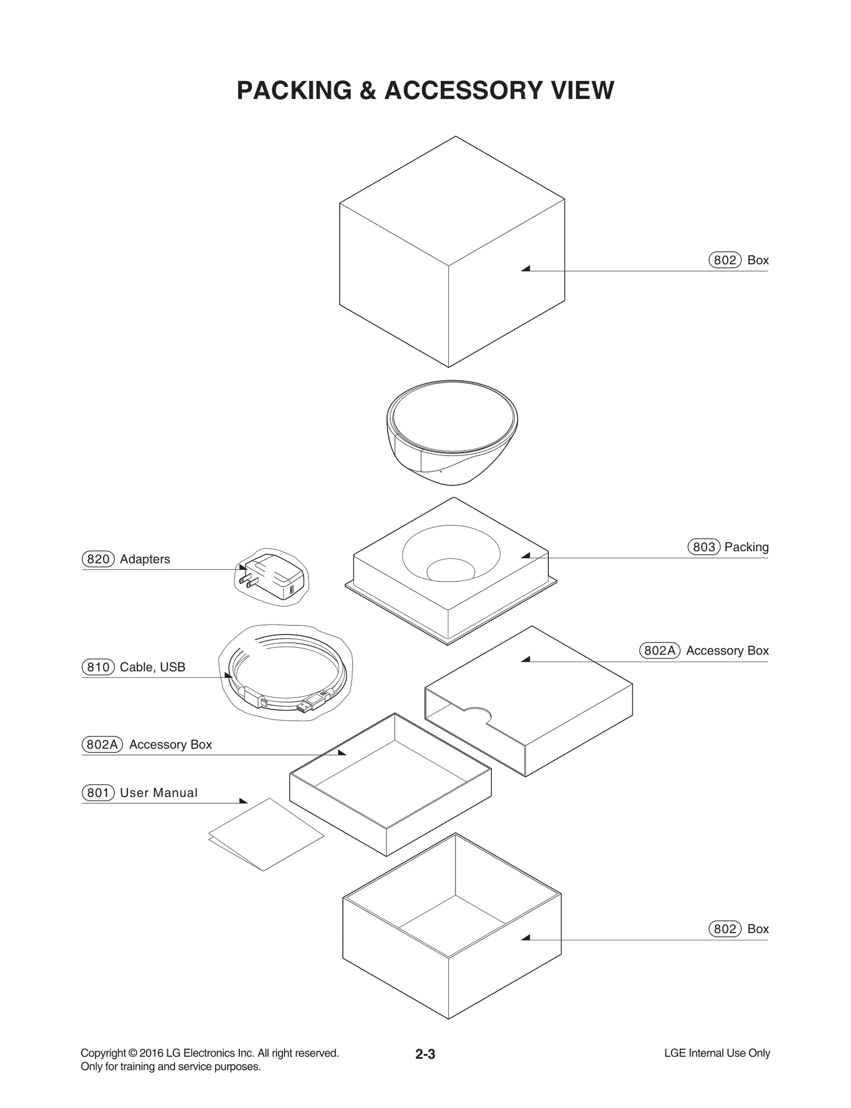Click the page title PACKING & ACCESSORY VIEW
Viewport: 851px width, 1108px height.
tap(425, 90)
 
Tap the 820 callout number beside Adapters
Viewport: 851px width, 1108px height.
tap(98, 559)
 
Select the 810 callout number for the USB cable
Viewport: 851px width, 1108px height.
tap(98, 667)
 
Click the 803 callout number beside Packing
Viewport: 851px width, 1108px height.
tap(704, 547)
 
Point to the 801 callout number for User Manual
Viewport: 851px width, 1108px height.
tap(98, 793)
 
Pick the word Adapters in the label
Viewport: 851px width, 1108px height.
tap(145, 559)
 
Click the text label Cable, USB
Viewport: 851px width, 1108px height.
tap(152, 667)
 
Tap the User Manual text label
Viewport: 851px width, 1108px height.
tap(158, 793)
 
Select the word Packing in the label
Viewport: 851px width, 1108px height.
tap(746, 547)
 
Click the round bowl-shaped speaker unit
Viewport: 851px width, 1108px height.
tap(452, 432)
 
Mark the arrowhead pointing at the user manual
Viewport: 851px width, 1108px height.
tap(244, 801)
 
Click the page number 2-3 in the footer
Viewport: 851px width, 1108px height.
tap(425, 1054)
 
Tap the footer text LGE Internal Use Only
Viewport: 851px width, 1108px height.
tap(716, 1053)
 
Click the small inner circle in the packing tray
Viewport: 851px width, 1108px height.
tap(450, 569)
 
